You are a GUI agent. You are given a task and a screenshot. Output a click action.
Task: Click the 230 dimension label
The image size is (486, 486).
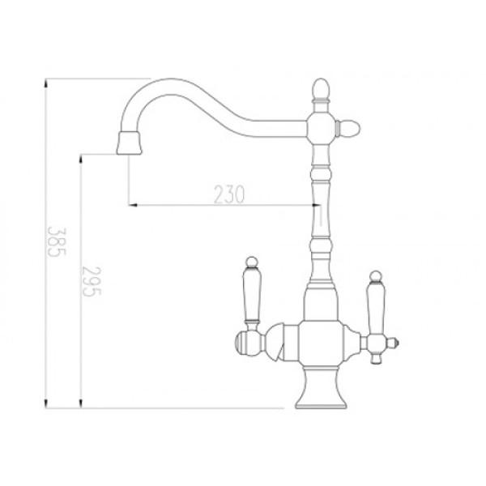[x=229, y=194]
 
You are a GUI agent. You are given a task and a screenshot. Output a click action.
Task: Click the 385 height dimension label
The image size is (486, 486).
[x=57, y=242]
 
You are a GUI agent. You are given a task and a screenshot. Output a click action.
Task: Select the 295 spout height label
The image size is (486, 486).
[x=92, y=281]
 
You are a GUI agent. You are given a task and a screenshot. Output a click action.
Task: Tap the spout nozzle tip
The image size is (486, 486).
[x=130, y=143]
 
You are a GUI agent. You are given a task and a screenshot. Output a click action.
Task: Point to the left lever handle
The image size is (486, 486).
[x=252, y=298]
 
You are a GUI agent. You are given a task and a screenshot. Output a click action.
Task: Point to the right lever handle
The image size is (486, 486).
[x=376, y=308]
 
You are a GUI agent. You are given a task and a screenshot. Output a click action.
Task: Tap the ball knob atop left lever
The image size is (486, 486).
[x=252, y=262]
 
